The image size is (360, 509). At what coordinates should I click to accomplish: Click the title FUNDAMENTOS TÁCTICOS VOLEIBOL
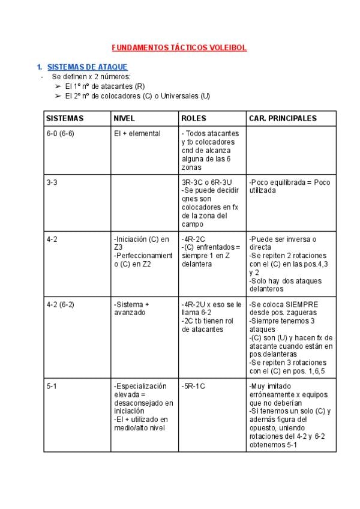[x=179, y=47]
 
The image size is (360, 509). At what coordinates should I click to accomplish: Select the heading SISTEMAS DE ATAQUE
[x=87, y=67]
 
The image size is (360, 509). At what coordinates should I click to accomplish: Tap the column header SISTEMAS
[x=65, y=118]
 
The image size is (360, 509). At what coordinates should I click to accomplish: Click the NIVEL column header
[x=124, y=118]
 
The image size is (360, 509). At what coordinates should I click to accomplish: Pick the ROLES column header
[x=194, y=118]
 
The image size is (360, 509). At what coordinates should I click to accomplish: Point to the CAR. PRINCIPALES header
[x=283, y=118]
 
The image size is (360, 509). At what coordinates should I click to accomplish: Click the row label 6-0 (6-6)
[x=60, y=133]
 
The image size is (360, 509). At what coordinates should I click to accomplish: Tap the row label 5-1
[x=52, y=386]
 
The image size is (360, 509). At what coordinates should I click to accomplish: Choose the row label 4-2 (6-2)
[x=60, y=304]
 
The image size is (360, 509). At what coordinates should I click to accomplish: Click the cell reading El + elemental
[x=137, y=133]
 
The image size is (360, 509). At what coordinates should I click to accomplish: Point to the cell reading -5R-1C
[x=193, y=386]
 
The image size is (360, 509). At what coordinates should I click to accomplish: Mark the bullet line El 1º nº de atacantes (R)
[x=104, y=86]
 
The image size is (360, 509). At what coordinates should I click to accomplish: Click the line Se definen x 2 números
[x=91, y=77]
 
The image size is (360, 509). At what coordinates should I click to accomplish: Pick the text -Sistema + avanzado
[x=132, y=309]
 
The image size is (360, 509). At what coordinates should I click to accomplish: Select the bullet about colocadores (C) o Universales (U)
[x=137, y=95]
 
